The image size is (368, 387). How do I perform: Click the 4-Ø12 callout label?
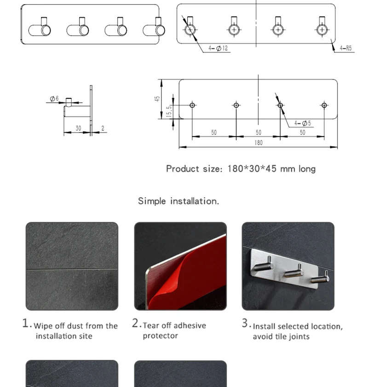point(218,48)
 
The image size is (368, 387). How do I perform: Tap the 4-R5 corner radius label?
point(345,48)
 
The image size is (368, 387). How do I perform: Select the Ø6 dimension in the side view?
point(54,99)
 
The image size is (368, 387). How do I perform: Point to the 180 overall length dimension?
point(259,143)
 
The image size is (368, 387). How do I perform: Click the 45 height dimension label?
point(157,99)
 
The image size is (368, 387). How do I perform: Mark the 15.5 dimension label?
point(169,111)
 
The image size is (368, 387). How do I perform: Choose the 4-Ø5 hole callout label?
point(303,123)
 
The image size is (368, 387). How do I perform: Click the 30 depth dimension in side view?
point(78,128)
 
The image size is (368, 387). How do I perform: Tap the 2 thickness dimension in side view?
point(103,128)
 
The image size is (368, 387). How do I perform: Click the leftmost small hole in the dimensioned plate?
point(192,105)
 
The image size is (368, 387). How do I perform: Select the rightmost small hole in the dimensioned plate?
point(324,105)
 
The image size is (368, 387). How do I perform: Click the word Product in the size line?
point(183,169)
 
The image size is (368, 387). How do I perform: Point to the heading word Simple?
point(152,201)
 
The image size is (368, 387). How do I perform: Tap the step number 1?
point(26,323)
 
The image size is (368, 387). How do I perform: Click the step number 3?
point(245,323)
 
